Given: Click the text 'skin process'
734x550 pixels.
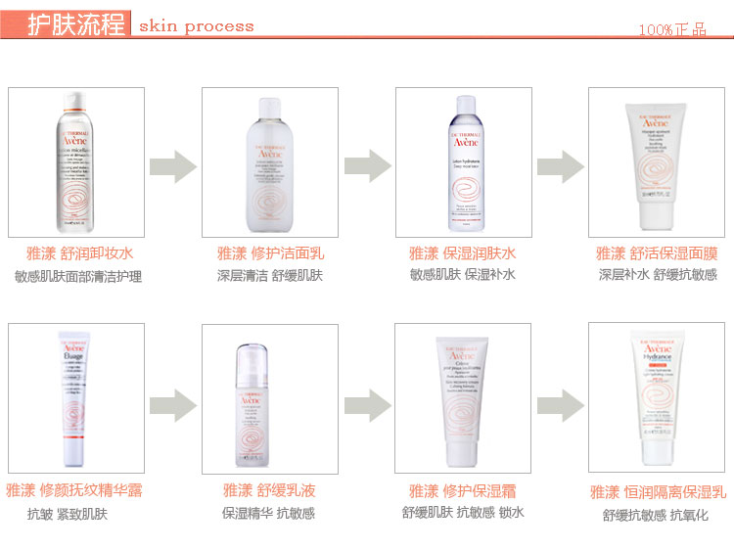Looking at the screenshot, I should coord(196,26).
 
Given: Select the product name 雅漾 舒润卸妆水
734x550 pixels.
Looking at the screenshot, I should coord(75,253).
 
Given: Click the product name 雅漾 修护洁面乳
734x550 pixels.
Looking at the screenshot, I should coord(270,253).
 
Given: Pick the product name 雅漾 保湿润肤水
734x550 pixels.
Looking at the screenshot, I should coord(463,253).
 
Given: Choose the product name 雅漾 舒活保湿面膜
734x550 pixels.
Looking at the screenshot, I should coord(658,253).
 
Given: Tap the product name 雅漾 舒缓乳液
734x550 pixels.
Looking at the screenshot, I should coord(269,490).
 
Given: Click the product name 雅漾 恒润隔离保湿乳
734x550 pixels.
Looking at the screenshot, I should coord(658,492).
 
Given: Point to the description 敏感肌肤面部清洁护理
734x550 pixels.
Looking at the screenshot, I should coord(77,277).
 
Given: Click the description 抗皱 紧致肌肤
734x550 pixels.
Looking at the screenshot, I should coord(68,514).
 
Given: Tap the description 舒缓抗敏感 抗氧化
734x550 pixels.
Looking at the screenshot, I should coord(656,516).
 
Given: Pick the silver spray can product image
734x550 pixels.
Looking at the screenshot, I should coord(75,161).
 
